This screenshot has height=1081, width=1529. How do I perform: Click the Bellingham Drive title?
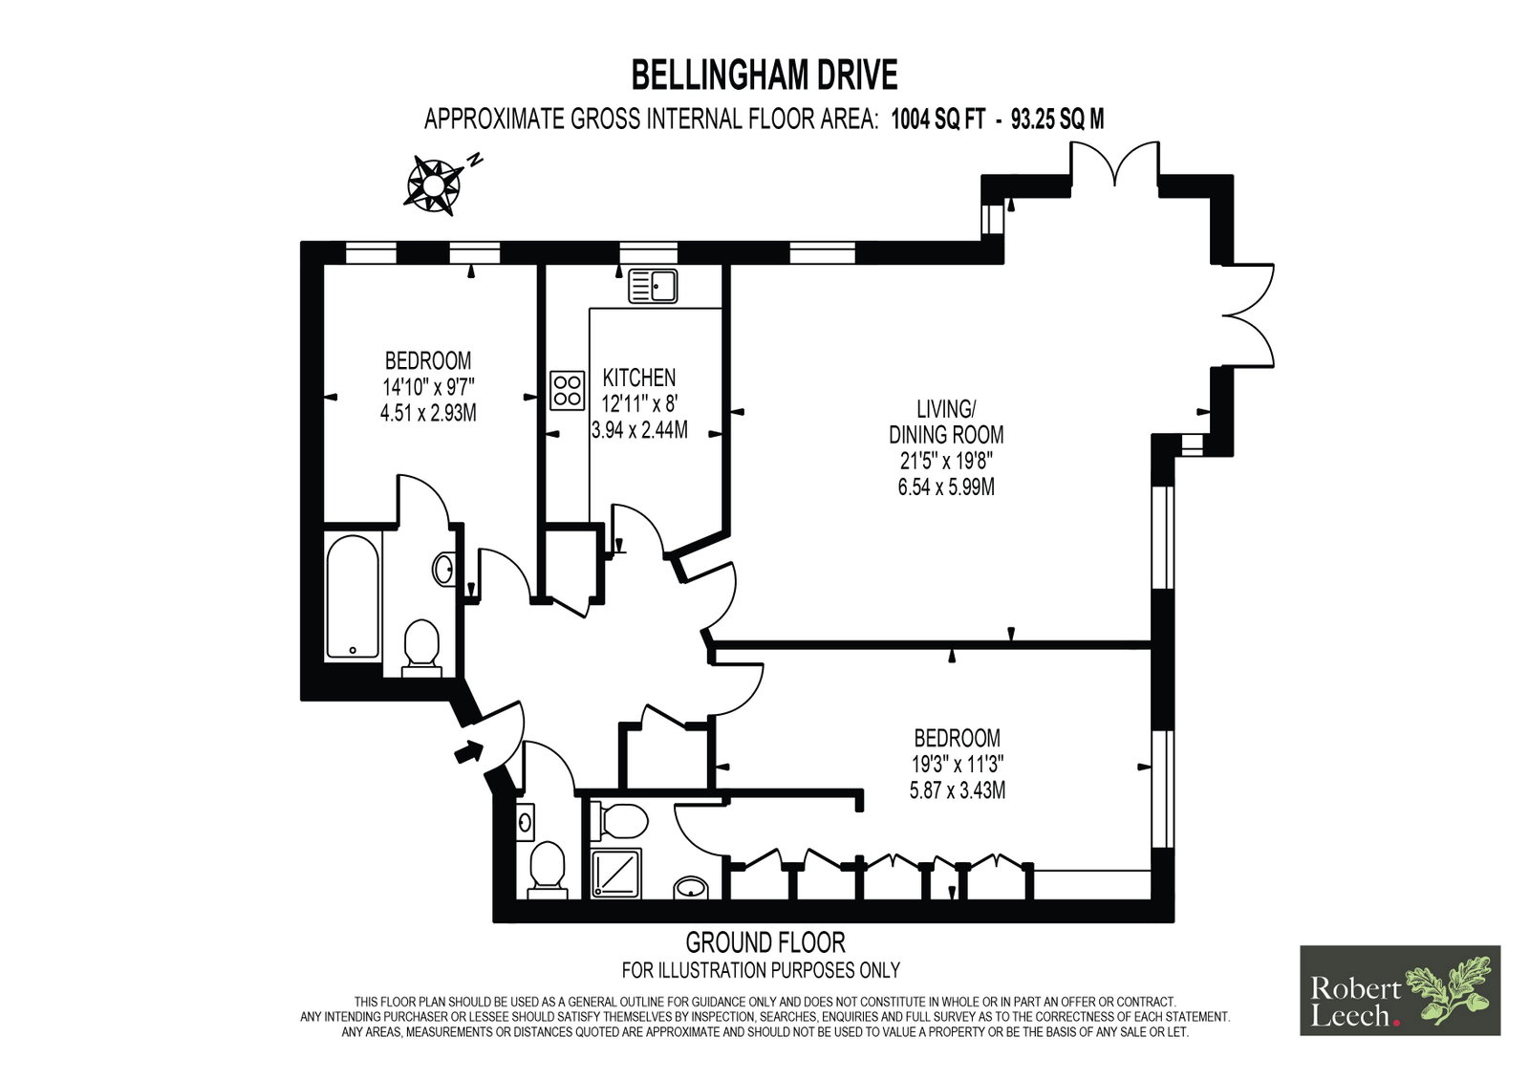pos(764,76)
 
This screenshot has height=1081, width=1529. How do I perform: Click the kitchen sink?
pos(653,286)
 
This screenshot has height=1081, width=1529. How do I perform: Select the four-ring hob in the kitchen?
pos(568,391)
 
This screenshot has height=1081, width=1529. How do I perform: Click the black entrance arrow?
pos(469,752)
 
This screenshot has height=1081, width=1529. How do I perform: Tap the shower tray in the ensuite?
pos(615,874)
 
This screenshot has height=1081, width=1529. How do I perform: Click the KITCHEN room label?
pos(639,378)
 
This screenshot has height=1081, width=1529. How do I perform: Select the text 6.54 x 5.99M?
pos(946,486)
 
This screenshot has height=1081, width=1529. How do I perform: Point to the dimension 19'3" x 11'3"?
pos(957,764)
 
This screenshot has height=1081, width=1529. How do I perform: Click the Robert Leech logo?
pos(1400,990)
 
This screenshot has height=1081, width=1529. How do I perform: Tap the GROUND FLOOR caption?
pos(765,942)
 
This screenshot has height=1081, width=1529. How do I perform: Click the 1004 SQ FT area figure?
pos(938,119)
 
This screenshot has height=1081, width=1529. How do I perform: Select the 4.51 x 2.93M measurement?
pos(428,413)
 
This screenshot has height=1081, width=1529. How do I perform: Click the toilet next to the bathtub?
pos(421,648)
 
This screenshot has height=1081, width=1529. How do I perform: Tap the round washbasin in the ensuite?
pos(691,889)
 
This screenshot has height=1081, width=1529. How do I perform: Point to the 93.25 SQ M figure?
pos(1057,119)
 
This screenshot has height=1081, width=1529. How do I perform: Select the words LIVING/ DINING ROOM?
pos(946,422)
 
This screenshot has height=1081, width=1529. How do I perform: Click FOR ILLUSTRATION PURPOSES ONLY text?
pos(761,970)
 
